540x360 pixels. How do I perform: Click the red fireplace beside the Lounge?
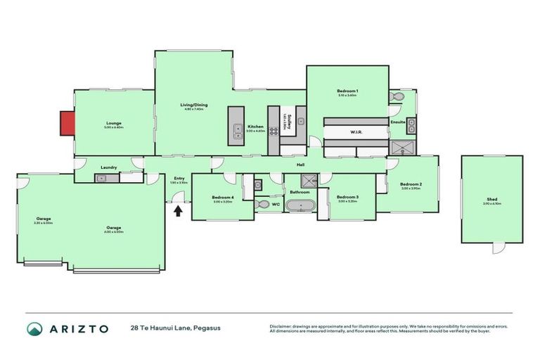[66, 124]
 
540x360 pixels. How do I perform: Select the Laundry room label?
[109, 167]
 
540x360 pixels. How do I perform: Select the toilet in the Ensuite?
[399, 96]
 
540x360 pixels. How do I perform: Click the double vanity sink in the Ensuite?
[411, 127]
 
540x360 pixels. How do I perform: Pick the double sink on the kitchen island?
[235, 129]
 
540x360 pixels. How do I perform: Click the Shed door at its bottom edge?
[499, 248]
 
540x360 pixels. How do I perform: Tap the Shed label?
[491, 200]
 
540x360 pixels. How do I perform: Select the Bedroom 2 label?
[410, 184]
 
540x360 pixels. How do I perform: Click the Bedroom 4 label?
[222, 198]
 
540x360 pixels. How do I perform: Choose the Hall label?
[300, 165]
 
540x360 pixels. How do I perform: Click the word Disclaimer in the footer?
[281, 326]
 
